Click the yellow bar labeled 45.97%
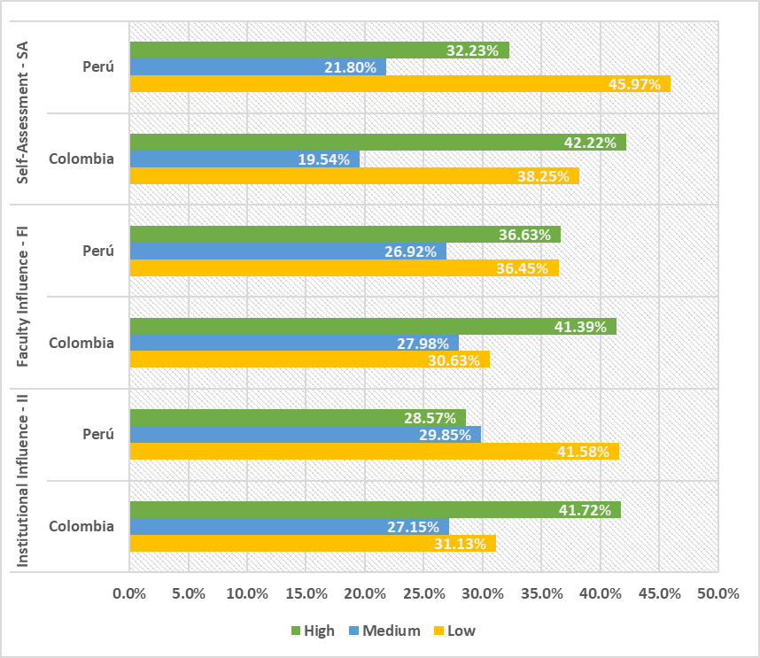pyautogui.click(x=399, y=84)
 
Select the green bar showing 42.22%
pyautogui.click(x=377, y=143)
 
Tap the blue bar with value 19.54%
pyautogui.click(x=244, y=159)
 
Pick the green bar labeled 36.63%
pyautogui.click(x=345, y=235)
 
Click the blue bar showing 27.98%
pyautogui.click(x=294, y=344)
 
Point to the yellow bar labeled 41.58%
pyautogui.click(x=374, y=452)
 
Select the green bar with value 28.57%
pyautogui.click(x=297, y=418)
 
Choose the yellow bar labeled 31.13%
pyautogui.click(x=312, y=544)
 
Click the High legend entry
pyautogui.click(x=313, y=631)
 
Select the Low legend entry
pyautogui.click(x=454, y=631)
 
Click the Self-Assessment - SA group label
pyautogui.click(x=25, y=112)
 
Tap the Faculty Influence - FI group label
pyautogui.click(x=25, y=296)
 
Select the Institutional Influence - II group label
pyautogui.click(x=25, y=480)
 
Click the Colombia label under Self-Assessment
pyautogui.click(x=81, y=159)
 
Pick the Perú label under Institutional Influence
pyautogui.click(x=97, y=435)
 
